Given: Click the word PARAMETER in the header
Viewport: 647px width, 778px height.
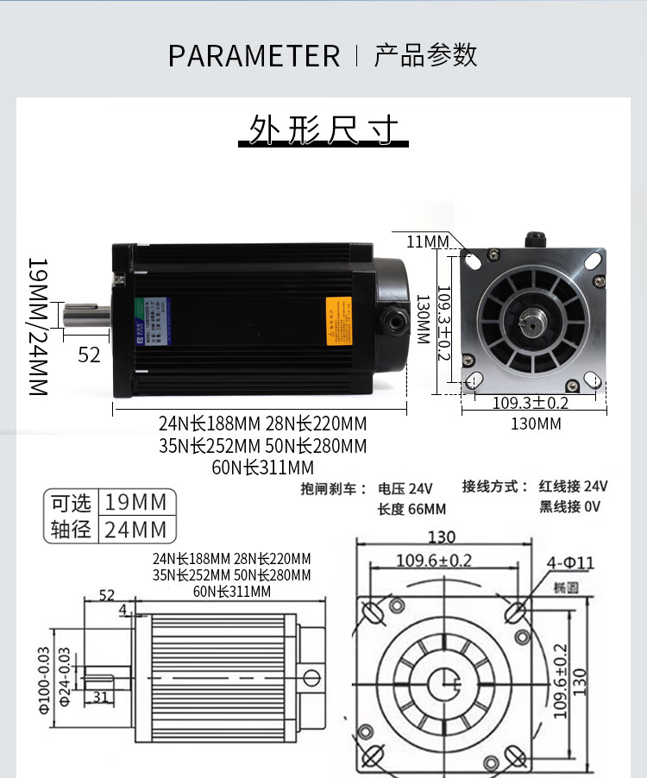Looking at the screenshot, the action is [x=254, y=56].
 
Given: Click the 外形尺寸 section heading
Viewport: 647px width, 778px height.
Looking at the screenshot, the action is [x=323, y=130].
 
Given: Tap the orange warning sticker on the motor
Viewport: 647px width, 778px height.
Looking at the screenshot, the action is [x=337, y=321].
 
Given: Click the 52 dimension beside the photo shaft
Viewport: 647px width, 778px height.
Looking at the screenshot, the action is [x=89, y=354].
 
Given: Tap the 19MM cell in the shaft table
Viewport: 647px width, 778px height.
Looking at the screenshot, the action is [x=138, y=502].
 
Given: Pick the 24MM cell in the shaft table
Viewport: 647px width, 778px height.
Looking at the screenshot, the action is [x=138, y=529].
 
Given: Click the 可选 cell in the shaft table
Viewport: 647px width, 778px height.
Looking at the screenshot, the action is [x=71, y=502].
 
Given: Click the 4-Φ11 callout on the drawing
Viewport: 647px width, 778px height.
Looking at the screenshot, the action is [x=570, y=563].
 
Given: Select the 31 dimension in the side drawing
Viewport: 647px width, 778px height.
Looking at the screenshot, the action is [x=100, y=697].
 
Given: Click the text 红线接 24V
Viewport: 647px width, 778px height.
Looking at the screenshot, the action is [x=574, y=486].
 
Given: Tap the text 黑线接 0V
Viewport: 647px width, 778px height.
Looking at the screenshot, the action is [x=569, y=506].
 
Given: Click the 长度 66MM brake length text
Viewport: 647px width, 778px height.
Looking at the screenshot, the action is [x=411, y=509].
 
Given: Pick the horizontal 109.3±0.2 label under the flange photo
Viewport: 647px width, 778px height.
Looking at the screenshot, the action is [x=530, y=403].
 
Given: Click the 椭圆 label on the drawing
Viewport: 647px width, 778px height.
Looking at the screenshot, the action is [x=565, y=587].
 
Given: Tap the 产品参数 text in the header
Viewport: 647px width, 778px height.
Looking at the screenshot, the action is [x=425, y=55].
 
